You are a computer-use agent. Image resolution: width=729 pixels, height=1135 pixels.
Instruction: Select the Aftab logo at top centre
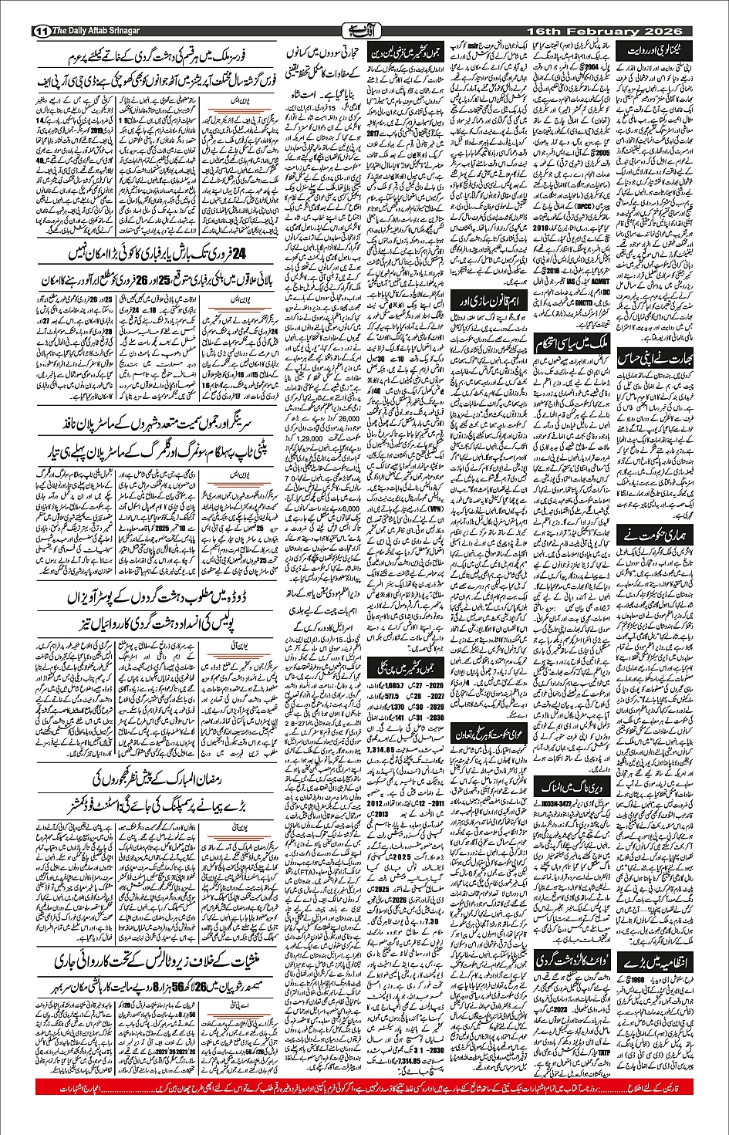pos(364,31)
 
